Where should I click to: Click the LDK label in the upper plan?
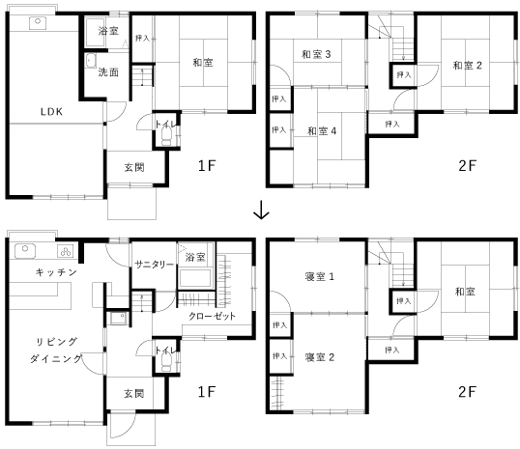(51, 112)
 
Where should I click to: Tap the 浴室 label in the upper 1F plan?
(108, 31)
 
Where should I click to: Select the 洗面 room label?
(108, 71)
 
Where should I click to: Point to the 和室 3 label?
(316, 54)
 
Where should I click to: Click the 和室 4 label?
(322, 131)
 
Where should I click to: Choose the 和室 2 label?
(467, 66)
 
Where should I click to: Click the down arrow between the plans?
(261, 210)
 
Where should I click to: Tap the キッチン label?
(56, 272)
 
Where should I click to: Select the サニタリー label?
(155, 265)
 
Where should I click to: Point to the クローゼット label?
(212, 316)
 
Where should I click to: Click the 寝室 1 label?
(319, 276)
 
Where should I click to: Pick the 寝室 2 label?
(319, 357)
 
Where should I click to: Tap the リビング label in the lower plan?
(57, 342)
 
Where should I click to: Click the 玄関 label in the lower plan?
(134, 394)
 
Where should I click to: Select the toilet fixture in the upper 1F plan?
(166, 137)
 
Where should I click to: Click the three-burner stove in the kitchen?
(66, 251)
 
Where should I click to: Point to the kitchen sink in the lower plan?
(25, 250)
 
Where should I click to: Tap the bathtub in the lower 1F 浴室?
(195, 278)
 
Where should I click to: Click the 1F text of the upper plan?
(207, 165)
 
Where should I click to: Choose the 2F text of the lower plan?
(467, 392)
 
